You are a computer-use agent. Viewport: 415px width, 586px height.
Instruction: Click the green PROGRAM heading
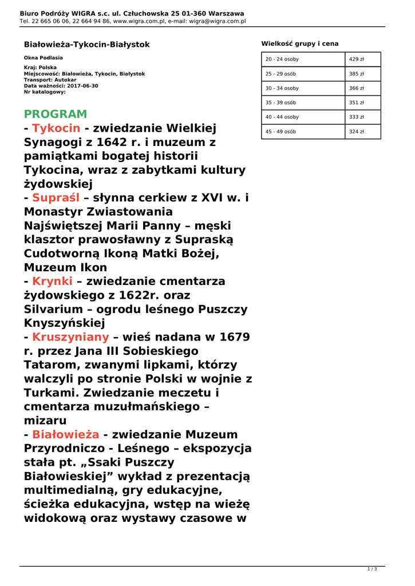(x=56, y=114)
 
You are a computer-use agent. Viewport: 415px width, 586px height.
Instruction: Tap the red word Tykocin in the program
(x=56, y=128)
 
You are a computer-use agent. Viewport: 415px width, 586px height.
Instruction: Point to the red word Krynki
(x=53, y=281)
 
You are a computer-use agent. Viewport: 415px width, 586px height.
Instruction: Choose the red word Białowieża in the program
(x=65, y=434)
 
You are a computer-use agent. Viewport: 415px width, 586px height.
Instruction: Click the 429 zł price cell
(x=357, y=60)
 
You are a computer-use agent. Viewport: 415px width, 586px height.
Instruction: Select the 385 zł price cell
(x=357, y=74)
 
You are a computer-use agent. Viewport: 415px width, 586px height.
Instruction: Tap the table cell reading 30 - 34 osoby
(x=282, y=88)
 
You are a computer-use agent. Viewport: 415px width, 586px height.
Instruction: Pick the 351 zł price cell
(x=357, y=102)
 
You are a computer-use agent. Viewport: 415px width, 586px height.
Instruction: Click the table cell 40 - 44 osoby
(x=282, y=117)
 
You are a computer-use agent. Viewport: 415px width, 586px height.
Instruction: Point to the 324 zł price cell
(x=357, y=131)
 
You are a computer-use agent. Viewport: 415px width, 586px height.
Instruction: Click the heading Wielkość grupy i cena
(x=300, y=43)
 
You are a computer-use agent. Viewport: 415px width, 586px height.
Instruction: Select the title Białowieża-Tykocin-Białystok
(x=86, y=44)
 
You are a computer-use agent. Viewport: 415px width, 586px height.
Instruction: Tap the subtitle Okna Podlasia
(x=44, y=58)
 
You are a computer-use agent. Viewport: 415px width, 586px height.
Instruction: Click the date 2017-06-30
(x=83, y=86)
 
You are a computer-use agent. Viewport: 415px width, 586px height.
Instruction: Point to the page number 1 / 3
(x=371, y=569)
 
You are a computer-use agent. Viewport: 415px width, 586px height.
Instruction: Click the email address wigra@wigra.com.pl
(x=221, y=21)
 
